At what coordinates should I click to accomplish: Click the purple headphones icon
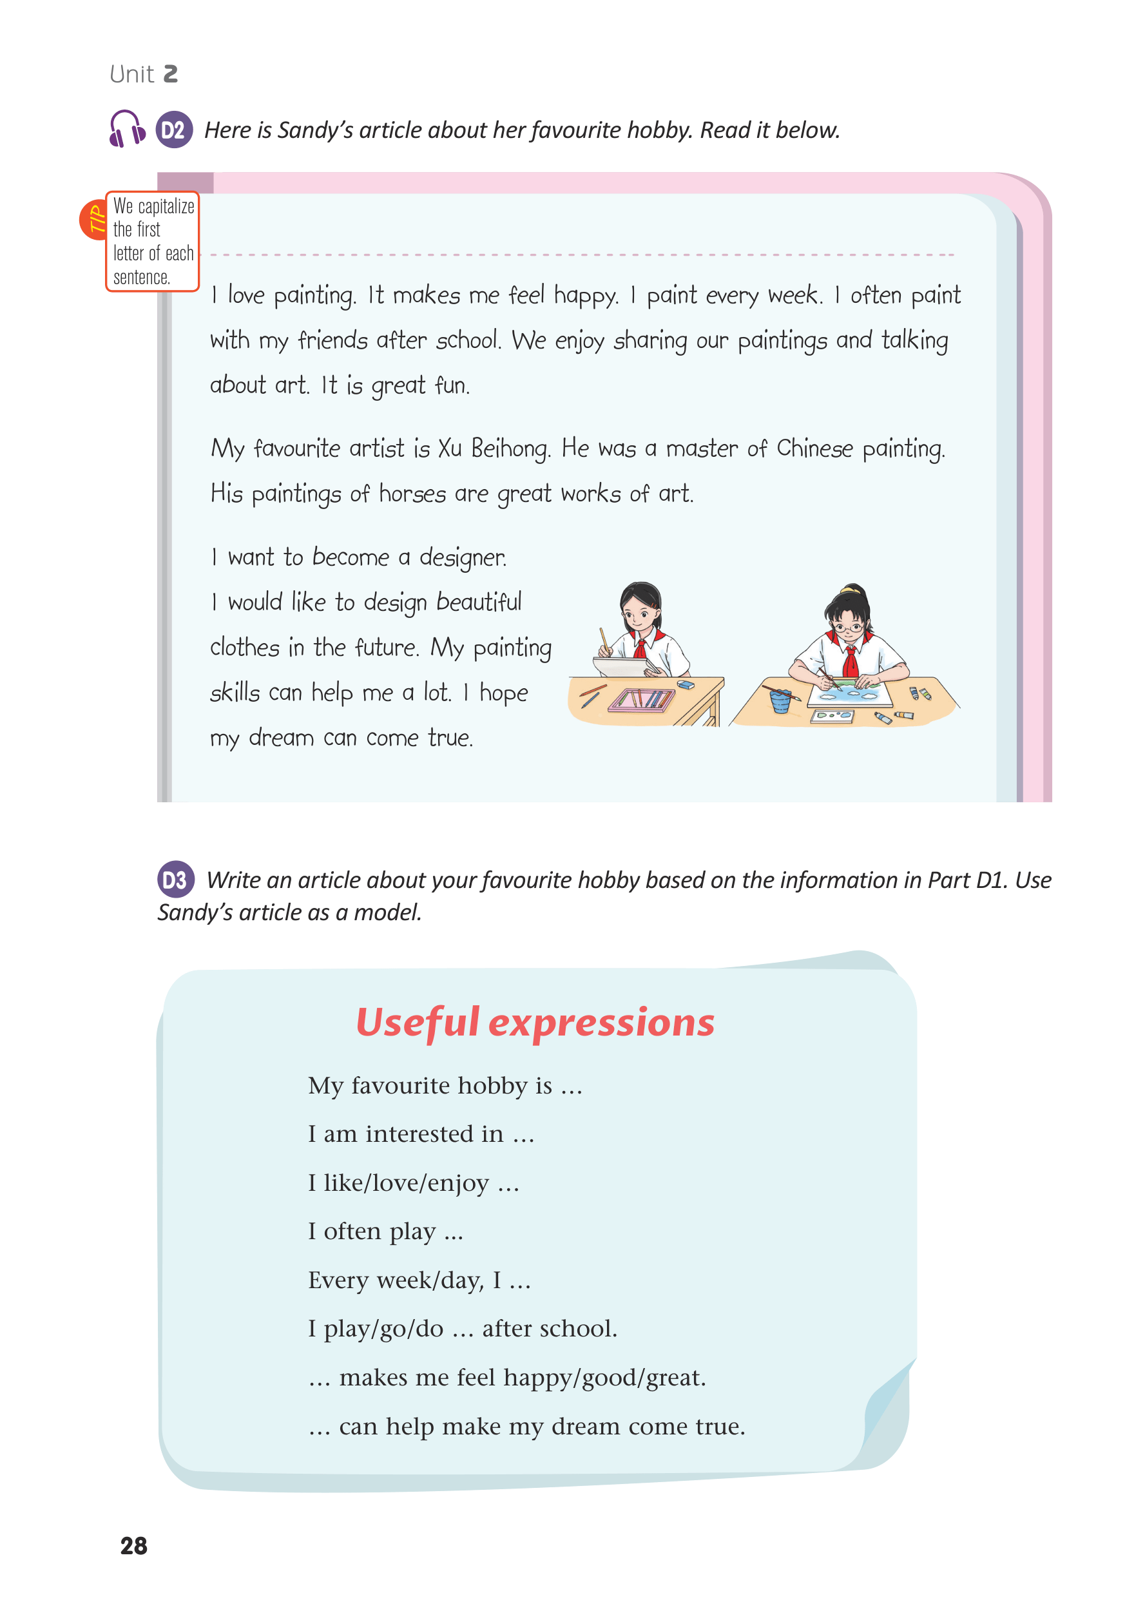click(127, 128)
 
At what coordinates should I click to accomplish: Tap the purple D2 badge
click(173, 130)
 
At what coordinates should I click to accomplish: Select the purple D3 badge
click(175, 879)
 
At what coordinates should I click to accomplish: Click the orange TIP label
click(95, 220)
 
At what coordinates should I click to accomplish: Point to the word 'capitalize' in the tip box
click(166, 206)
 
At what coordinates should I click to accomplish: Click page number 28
click(133, 1546)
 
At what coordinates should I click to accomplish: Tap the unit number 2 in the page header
click(170, 74)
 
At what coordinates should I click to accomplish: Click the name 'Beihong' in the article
click(510, 448)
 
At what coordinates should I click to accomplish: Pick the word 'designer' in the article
click(463, 558)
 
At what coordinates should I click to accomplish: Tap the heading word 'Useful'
click(418, 1023)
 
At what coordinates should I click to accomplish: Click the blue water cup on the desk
click(780, 700)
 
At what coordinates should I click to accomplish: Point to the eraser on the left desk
click(685, 684)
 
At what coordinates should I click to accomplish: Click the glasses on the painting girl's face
click(848, 626)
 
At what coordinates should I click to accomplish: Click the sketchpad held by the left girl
click(622, 664)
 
